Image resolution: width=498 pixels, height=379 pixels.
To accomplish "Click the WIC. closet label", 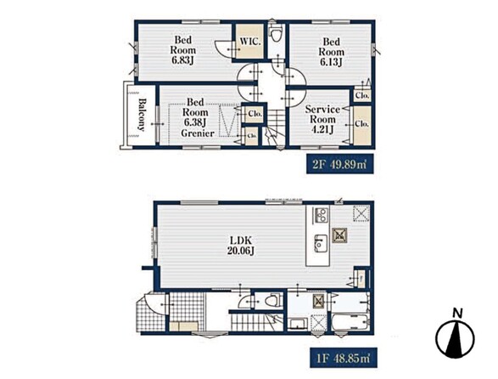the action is (x=250, y=42).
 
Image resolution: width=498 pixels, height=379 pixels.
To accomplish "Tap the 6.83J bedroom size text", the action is (x=182, y=60).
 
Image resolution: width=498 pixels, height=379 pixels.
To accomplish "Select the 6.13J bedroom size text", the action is (x=331, y=62).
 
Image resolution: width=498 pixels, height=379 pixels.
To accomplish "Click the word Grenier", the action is (x=198, y=133).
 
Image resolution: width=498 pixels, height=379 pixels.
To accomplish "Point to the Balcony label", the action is (x=142, y=116).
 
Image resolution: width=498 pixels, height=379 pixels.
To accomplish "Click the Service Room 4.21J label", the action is (x=322, y=119).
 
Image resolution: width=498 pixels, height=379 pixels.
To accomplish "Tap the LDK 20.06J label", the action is (x=240, y=245).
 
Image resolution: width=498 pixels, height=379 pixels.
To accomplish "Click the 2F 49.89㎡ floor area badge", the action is (x=340, y=165).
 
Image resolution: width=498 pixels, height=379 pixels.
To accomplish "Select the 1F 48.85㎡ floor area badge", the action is (x=344, y=359).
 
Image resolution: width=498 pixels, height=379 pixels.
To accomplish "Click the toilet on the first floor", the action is (x=272, y=301).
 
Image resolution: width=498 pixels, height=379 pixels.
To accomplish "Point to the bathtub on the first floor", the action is (x=350, y=323).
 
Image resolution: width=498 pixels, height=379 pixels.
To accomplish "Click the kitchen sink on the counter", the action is (x=321, y=243).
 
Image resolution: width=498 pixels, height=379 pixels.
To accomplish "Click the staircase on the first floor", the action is (x=256, y=321).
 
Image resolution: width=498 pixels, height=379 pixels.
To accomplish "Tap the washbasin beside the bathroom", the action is (x=297, y=324).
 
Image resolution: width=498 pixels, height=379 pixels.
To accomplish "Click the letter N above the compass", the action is (x=457, y=313).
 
